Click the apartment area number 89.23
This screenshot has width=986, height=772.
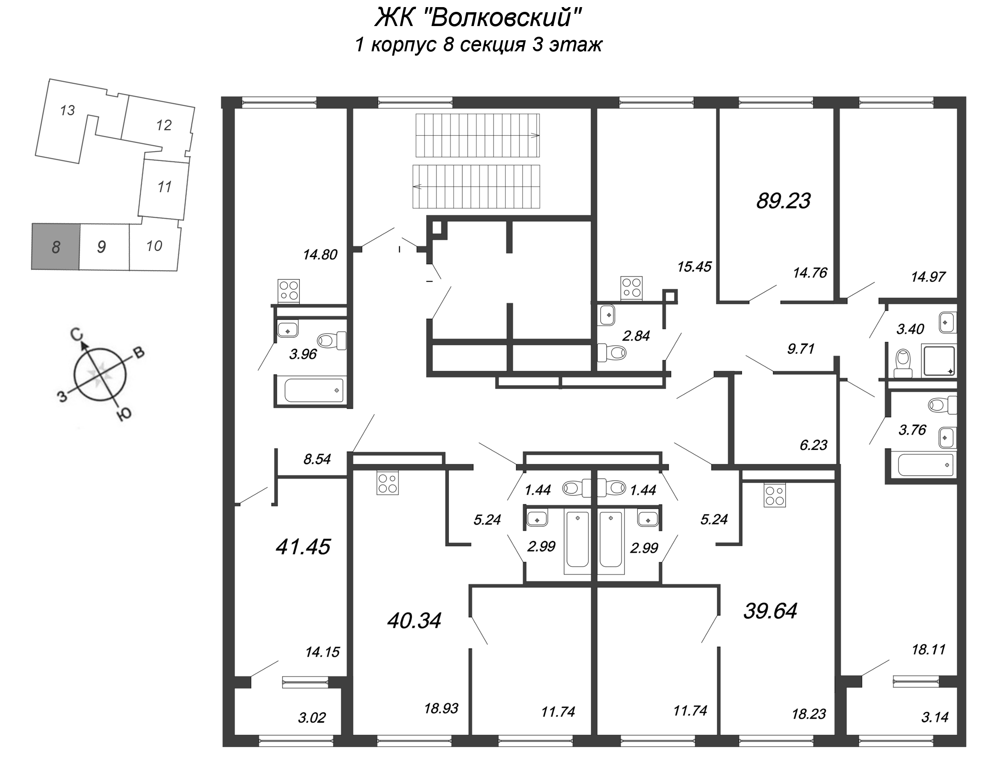[783, 200]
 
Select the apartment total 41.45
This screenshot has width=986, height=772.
[303, 547]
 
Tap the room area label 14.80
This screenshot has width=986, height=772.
[320, 255]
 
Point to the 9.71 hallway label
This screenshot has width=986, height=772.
[800, 349]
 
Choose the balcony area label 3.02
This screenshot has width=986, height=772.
[312, 718]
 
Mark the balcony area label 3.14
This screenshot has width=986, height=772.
[934, 717]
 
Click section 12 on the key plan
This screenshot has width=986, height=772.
[164, 125]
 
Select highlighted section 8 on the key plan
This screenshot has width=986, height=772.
[56, 247]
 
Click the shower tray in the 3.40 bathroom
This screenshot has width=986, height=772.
[939, 361]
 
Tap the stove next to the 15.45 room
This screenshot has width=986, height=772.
[631, 287]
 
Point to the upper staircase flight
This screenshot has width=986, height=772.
[477, 135]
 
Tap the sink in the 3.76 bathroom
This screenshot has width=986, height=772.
[946, 438]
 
